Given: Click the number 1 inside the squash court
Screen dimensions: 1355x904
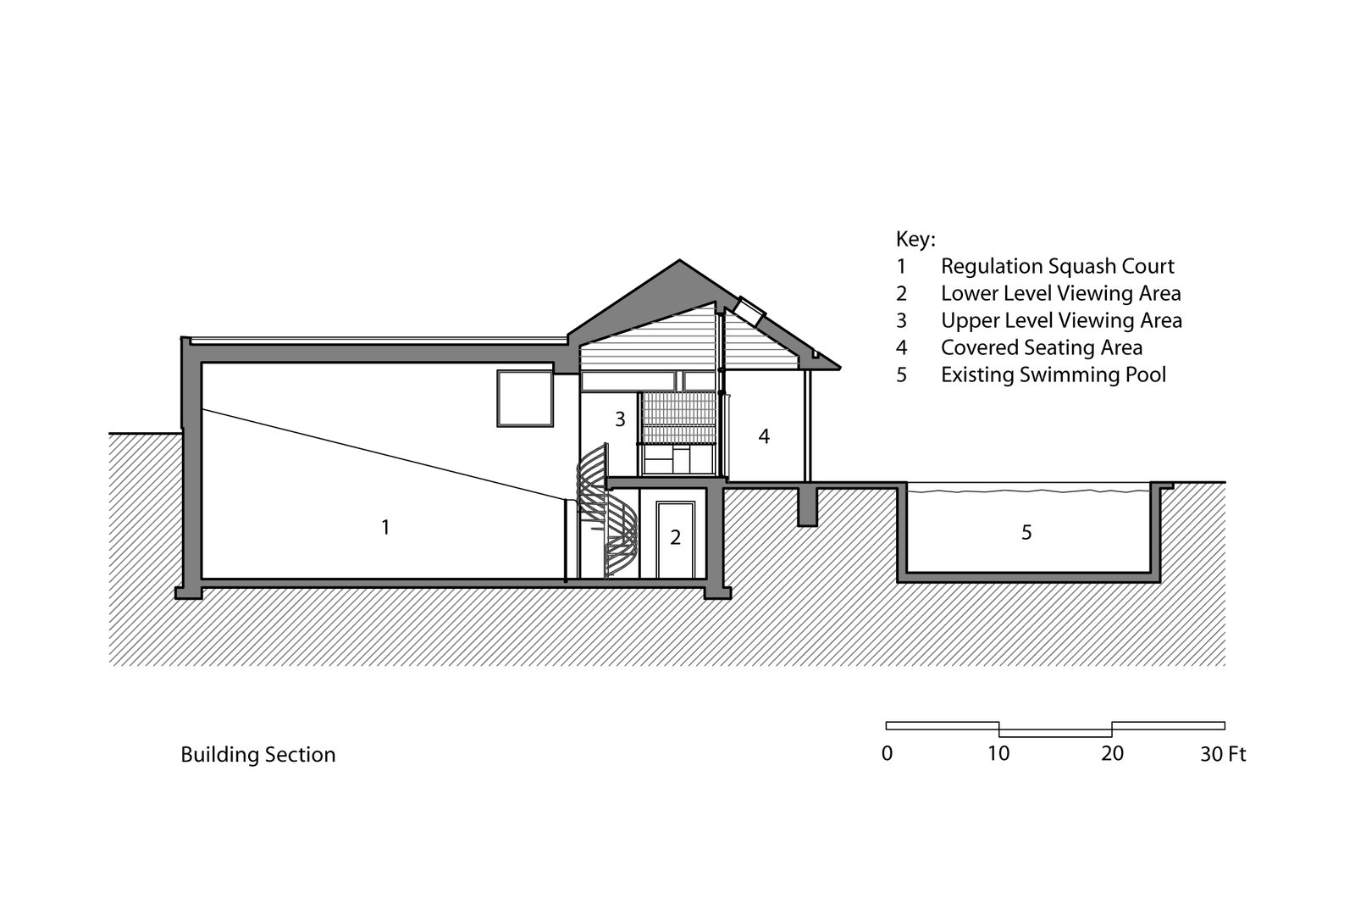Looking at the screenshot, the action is pos(385,528).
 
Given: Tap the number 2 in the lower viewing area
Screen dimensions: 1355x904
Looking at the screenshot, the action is pos(676,537).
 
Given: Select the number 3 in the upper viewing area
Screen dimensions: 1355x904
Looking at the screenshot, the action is pos(620,419).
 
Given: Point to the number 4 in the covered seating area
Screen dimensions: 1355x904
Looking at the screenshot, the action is pos(764,437).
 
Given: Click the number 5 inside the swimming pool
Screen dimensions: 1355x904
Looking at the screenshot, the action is pos(1026,533).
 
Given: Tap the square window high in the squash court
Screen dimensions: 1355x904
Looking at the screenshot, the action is pos(523,398).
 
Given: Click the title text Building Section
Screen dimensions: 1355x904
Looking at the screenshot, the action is pos(258,755).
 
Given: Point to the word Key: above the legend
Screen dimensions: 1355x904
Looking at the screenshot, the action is pos(915,239).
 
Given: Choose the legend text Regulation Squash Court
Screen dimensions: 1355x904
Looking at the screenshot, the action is pos(1058,266).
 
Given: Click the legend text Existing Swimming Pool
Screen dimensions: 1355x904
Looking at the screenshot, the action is pos(1054,374).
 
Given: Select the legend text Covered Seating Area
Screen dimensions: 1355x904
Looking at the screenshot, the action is pos(1042,347).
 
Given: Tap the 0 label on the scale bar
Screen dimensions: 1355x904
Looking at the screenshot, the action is pos(887,753).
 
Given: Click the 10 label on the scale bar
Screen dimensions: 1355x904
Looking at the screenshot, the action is pos(999,753).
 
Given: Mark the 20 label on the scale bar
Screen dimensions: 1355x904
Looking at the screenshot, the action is pos(1112,753).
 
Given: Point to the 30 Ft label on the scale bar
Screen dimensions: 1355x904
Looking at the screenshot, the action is pos(1223,753).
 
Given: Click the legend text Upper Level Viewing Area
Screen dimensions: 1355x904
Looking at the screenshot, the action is pos(1061,320).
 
